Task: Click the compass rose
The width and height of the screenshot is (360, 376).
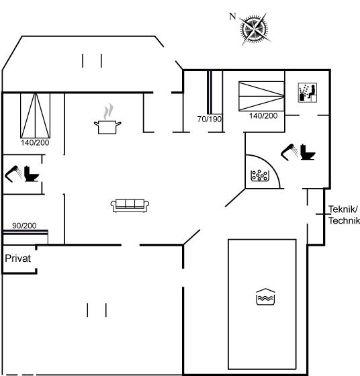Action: pyautogui.click(x=255, y=30)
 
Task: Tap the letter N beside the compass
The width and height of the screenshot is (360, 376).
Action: pyautogui.click(x=232, y=16)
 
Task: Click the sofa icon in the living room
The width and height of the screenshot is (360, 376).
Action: pyautogui.click(x=130, y=205)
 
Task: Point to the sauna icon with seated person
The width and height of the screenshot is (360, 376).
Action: pyautogui.click(x=307, y=93)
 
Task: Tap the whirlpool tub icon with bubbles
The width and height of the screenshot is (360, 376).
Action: pyautogui.click(x=260, y=175)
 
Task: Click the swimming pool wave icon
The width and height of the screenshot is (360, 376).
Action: pyautogui.click(x=265, y=297)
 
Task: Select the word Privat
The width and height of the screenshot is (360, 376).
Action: pyautogui.click(x=18, y=258)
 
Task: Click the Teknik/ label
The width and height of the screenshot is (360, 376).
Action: pyautogui.click(x=343, y=209)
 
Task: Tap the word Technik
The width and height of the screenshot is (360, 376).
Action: pyautogui.click(x=344, y=221)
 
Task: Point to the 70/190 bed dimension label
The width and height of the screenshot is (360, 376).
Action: pyautogui.click(x=210, y=119)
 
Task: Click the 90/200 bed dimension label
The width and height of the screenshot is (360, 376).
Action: pyautogui.click(x=24, y=226)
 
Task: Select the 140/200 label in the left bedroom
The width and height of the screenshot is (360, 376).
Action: pyautogui.click(x=35, y=142)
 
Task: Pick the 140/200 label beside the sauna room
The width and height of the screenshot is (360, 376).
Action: pyautogui.click(x=263, y=115)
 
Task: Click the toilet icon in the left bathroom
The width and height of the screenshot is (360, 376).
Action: pyautogui.click(x=31, y=173)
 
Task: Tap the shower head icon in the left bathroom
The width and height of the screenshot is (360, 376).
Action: pyautogui.click(x=13, y=174)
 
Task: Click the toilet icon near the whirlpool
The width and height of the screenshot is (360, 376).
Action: pyautogui.click(x=308, y=152)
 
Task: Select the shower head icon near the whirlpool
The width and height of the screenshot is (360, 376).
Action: pyautogui.click(x=289, y=152)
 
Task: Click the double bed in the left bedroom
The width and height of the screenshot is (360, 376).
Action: pyautogui.click(x=35, y=115)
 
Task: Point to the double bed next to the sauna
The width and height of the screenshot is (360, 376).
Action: pyautogui.click(x=261, y=96)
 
